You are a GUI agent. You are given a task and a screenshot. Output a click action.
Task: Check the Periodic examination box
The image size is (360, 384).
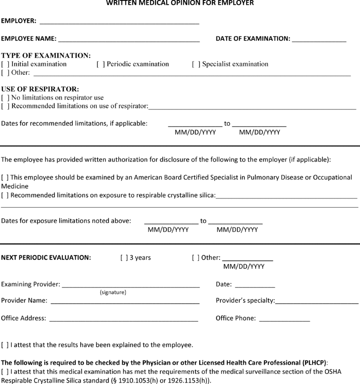click(100, 64)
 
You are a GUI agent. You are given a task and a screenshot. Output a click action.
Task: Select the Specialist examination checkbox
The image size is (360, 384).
click(196, 64)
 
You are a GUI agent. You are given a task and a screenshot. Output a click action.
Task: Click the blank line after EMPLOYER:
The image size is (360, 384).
click(120, 22)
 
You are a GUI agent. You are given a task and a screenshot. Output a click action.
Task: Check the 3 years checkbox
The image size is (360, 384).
click(124, 258)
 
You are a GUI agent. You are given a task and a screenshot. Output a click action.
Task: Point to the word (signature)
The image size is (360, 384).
click(113, 293)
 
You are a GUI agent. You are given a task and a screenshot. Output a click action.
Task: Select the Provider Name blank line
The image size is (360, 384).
click(125, 301)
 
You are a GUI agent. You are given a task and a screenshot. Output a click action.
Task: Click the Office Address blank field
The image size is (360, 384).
click(123, 319)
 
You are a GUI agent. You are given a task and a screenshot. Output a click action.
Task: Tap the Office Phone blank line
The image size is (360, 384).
click(284, 319)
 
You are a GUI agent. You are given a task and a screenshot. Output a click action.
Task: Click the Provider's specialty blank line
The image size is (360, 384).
click(317, 301)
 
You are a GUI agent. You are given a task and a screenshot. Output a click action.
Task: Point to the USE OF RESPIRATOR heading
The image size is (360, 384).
click(40, 89)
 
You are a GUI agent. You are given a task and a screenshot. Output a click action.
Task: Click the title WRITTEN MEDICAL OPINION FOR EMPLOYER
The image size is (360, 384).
click(180, 3)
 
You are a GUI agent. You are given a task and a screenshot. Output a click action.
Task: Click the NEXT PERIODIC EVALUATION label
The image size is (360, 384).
click(46, 258)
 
